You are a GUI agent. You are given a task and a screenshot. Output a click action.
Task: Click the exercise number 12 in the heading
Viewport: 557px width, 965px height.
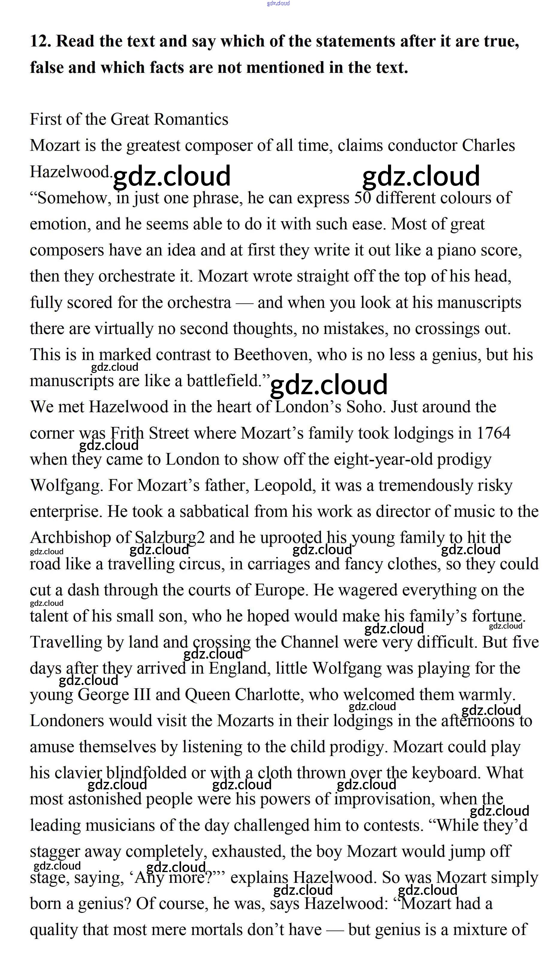(x=40, y=41)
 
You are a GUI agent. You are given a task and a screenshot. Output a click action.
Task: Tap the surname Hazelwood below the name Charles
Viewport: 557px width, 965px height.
(x=70, y=172)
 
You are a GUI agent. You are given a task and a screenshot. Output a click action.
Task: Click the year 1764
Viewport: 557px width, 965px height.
(x=493, y=433)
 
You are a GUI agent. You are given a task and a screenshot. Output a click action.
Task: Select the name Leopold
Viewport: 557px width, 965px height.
(x=285, y=485)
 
